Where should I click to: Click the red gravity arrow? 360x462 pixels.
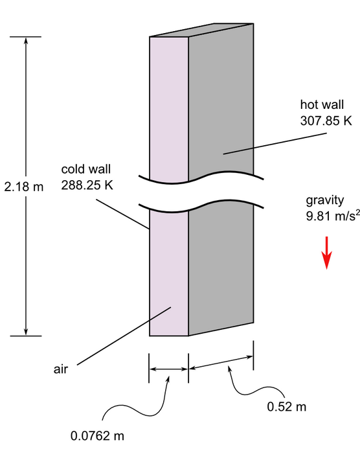coord(326,253)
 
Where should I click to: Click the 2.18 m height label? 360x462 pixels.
coord(24,187)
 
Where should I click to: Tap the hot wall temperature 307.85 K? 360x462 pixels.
coord(326,121)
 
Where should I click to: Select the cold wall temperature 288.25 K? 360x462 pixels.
coord(87,185)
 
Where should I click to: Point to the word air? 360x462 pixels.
coord(61,369)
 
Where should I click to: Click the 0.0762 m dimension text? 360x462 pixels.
coord(97,435)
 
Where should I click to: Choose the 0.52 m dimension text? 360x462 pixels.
coord(286,407)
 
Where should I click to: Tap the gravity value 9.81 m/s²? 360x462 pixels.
coord(333,216)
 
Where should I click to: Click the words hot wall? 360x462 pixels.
coord(322,104)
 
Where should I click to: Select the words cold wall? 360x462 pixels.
coord(85,169)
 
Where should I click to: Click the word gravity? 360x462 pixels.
coord(324,201)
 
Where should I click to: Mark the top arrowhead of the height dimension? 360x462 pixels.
coord(26,40)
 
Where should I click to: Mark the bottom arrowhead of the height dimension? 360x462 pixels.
coord(26,332)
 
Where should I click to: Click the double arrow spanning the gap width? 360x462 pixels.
coord(168,369)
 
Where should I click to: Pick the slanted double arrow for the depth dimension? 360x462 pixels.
coord(221,362)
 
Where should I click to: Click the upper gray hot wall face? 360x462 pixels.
coord(221,100)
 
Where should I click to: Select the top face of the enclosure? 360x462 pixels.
coord(201,30)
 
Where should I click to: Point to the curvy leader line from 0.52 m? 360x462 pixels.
coord(253,389)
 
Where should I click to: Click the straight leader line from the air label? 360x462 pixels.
coord(124,336)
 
